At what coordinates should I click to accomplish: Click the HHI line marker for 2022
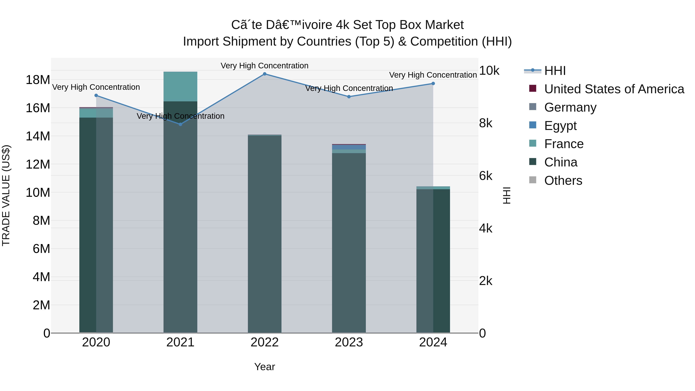264,74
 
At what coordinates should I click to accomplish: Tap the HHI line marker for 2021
181,124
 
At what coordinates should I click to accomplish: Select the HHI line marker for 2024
433,84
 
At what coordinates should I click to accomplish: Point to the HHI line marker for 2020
96,96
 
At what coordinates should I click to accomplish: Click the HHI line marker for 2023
349,97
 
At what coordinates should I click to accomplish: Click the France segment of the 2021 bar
181,87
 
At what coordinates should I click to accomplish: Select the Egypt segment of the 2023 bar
349,147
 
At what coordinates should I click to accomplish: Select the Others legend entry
563,181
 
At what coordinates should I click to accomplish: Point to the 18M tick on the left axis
38,80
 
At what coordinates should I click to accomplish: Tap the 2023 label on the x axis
349,342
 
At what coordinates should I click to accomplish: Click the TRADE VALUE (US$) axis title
6,195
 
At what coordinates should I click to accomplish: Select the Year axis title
264,367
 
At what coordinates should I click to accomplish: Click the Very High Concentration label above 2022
264,66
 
